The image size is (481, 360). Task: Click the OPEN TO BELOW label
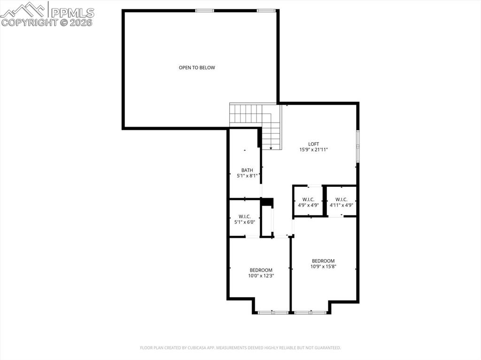[x=196, y=68]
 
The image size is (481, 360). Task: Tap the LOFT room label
[x=313, y=144]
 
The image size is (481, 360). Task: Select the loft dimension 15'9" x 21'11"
[x=313, y=150]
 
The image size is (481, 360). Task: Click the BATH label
[x=247, y=170]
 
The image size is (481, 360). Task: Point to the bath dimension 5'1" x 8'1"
[x=247, y=176]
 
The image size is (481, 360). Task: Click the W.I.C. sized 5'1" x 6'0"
[x=244, y=219]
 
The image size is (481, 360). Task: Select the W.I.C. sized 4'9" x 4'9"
[x=308, y=202]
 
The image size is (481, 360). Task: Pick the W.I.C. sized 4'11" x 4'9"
[x=341, y=202]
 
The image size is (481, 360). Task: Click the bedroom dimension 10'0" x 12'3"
[x=261, y=276]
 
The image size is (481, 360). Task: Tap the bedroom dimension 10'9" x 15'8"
[x=323, y=267]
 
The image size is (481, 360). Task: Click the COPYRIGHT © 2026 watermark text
[x=47, y=22]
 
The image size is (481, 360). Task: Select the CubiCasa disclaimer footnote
[x=240, y=348]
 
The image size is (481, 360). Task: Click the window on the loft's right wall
[x=357, y=146]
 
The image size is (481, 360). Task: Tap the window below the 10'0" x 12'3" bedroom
[x=273, y=312]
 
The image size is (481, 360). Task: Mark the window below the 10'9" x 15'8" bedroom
[x=310, y=312]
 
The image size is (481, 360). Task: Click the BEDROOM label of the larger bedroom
[x=323, y=261]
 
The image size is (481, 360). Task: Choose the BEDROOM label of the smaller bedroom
[x=261, y=270]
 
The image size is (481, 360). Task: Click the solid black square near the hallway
[x=267, y=202]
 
